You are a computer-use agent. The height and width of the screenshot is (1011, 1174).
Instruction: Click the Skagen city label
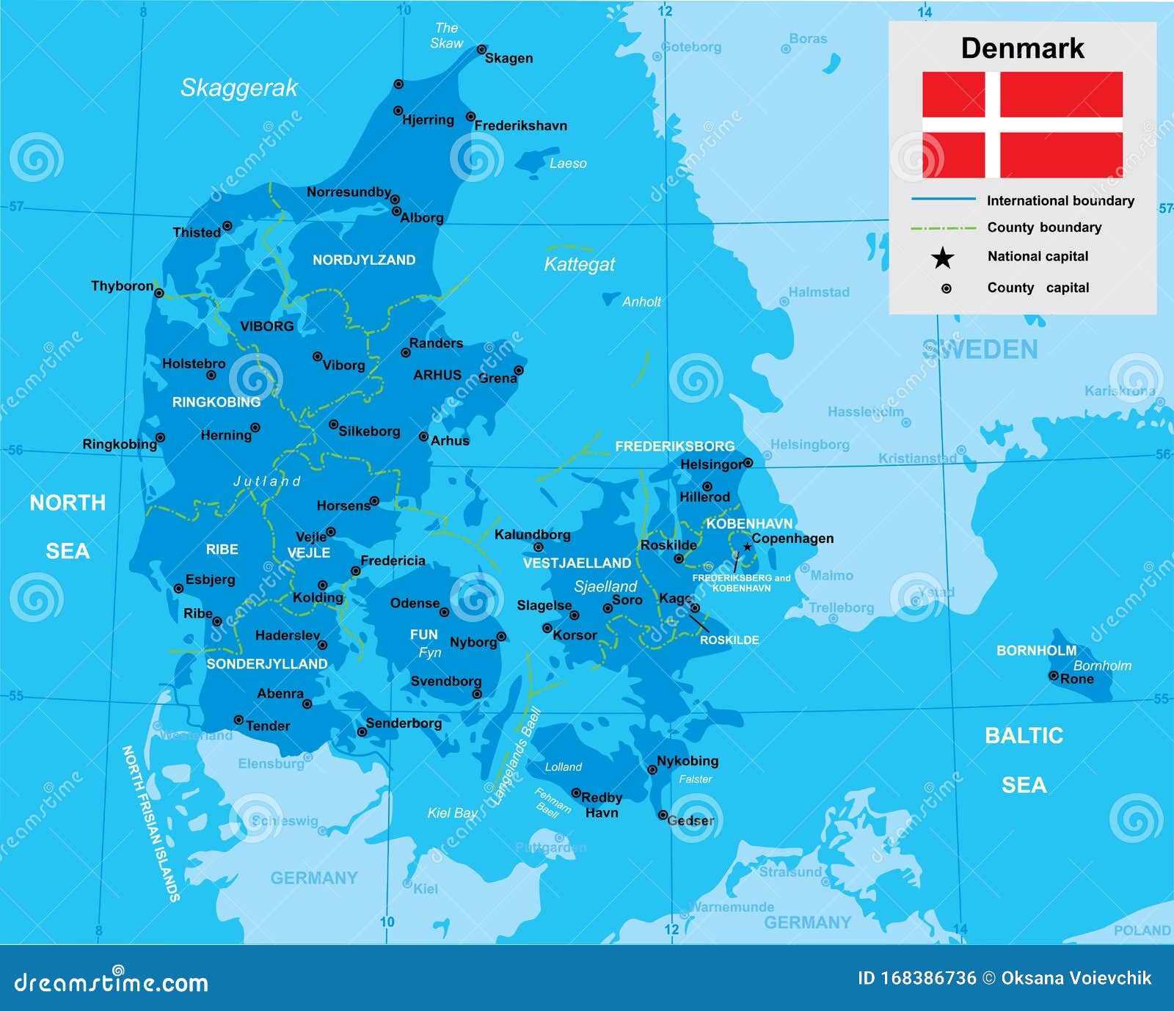508,59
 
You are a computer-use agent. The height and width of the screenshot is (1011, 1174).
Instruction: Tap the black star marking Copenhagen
747,547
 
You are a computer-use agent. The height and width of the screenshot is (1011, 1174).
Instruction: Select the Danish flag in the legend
1022,125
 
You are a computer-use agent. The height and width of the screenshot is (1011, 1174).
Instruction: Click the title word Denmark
1022,48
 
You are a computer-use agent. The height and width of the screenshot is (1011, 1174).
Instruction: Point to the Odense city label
415,603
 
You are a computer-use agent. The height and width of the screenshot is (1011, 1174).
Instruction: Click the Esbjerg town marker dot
178,588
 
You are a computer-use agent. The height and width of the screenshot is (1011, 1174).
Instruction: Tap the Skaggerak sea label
238,88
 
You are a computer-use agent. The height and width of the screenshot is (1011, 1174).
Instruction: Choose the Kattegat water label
579,264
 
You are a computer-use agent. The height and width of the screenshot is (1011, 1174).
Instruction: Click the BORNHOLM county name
1036,650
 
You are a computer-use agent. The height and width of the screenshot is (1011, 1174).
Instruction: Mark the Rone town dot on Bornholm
1053,676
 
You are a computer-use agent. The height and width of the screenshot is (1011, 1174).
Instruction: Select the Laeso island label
568,164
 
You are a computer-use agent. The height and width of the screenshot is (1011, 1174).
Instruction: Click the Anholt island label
641,302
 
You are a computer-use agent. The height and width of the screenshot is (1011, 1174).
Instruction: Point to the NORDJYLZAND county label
364,260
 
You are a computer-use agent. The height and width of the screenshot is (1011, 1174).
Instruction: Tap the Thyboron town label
122,285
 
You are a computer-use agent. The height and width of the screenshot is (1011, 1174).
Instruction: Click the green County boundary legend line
943,228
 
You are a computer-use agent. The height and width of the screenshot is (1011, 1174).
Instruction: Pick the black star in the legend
943,258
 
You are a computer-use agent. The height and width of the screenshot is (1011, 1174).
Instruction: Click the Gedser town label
690,820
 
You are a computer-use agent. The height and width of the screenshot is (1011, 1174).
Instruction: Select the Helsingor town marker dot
748,463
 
